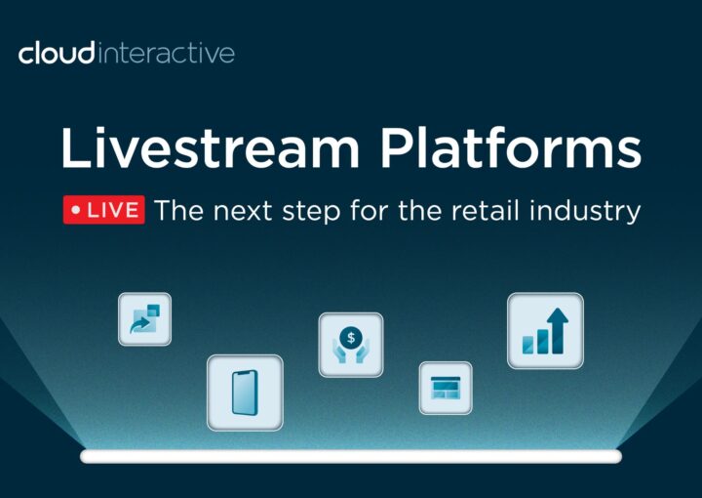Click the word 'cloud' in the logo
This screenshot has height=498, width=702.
click(x=57, y=53)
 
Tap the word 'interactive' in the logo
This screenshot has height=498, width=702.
click(x=166, y=53)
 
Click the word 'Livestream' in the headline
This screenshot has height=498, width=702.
click(x=210, y=147)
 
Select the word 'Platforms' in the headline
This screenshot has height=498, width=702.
click(x=511, y=146)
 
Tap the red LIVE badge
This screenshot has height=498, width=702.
click(x=104, y=210)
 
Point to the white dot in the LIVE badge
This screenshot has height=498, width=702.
click(x=76, y=210)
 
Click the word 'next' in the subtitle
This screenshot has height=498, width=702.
click(x=242, y=211)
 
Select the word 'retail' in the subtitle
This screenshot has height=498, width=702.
click(x=485, y=210)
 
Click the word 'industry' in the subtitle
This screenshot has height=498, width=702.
click(x=585, y=212)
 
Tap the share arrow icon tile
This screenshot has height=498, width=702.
click(x=144, y=319)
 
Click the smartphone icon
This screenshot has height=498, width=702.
click(x=245, y=393)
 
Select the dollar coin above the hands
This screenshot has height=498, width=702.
click(x=351, y=338)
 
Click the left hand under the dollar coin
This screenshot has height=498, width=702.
click(x=340, y=352)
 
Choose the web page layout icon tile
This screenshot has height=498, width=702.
click(x=446, y=389)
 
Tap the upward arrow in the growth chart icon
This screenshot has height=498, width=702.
click(x=558, y=330)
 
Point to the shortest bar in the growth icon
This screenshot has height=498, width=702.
click(x=528, y=345)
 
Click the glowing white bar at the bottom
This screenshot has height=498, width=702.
click(x=351, y=456)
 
